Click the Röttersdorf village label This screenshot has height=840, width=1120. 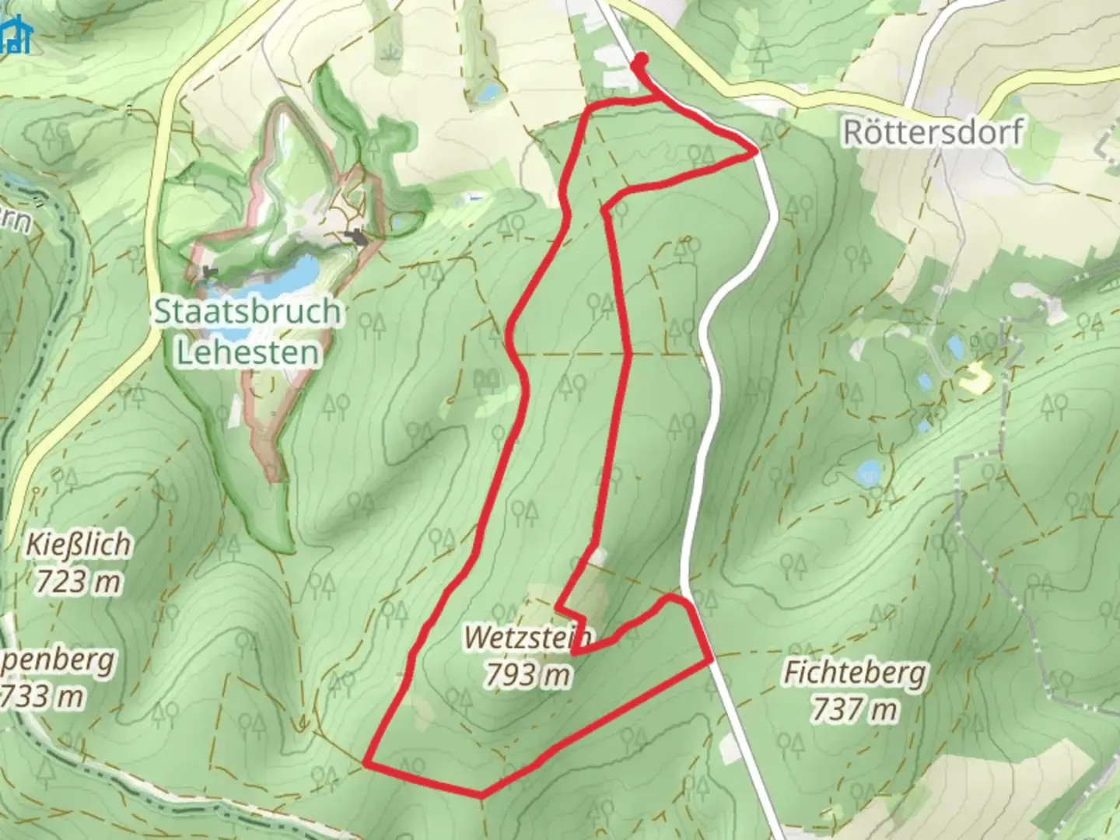coord(933,132)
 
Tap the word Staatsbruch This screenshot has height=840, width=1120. coord(247,312)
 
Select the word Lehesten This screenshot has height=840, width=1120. coord(248,353)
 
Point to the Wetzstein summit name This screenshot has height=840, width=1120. coord(528,639)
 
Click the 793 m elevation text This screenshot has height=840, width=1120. coord(528,674)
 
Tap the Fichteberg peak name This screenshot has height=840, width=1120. coord(855,673)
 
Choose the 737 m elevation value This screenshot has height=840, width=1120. coord(855,709)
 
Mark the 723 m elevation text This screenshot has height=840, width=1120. coord(78,580)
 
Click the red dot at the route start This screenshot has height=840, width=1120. coord(641,59)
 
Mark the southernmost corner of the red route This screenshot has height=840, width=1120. coord(481,795)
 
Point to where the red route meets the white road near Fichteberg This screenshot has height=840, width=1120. coord(709,660)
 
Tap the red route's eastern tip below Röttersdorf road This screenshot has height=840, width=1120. coord(755,153)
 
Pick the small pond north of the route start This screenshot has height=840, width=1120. coord(488,93)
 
